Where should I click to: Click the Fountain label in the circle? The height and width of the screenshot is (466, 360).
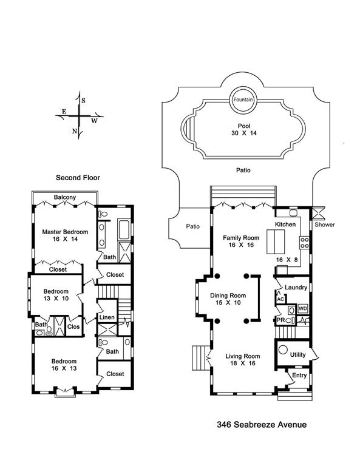(x=243, y=100)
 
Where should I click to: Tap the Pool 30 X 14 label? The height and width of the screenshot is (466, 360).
(x=244, y=129)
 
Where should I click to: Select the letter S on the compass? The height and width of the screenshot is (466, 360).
(x=84, y=100)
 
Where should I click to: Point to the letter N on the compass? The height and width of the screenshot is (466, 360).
(x=75, y=131)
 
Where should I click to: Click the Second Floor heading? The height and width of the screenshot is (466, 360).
(x=78, y=178)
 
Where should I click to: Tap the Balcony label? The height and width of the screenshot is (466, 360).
(x=64, y=198)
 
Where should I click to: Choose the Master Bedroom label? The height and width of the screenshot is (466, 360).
(x=65, y=232)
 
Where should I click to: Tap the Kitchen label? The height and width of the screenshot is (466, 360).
(x=285, y=225)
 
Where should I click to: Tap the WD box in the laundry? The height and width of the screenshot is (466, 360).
(x=302, y=309)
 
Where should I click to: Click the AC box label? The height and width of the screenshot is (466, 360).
(x=280, y=300)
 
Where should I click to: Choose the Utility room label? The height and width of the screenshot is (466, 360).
(x=297, y=355)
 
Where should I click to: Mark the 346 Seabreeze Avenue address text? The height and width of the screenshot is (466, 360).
(x=262, y=425)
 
